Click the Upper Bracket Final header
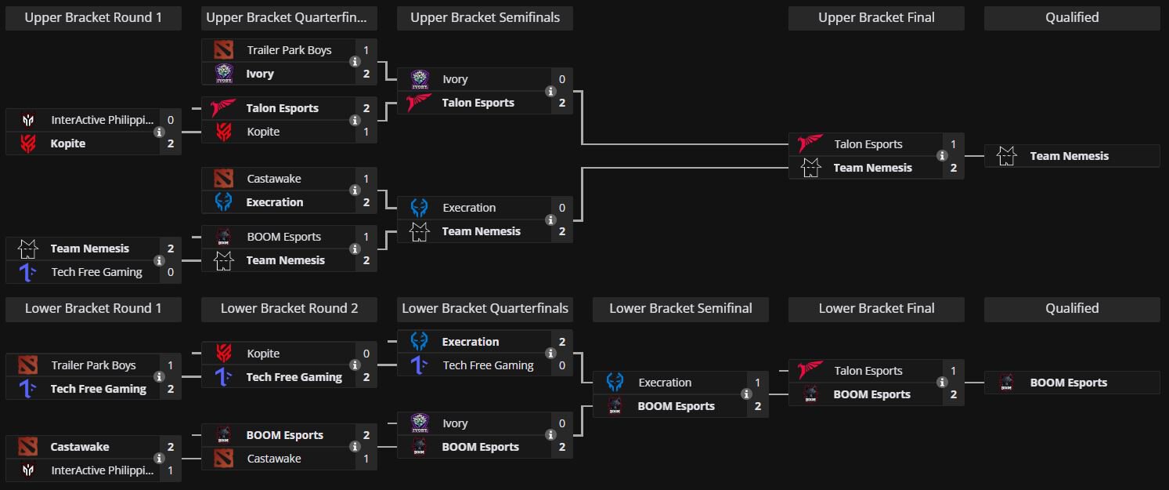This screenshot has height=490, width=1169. click(x=876, y=18)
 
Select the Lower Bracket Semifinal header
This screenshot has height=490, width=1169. click(x=680, y=309)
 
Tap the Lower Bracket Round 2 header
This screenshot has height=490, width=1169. click(x=289, y=309)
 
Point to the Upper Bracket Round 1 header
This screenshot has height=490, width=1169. click(x=93, y=18)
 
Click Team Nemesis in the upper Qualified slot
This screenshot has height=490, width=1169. click(x=1069, y=156)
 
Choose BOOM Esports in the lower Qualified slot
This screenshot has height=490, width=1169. click(x=1068, y=383)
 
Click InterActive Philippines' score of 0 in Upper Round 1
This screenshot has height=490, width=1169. click(x=170, y=120)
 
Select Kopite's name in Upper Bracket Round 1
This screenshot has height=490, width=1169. click(x=68, y=143)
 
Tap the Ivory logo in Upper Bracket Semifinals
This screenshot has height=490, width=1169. click(x=420, y=79)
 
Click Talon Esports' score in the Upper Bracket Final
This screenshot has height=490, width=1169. click(x=953, y=144)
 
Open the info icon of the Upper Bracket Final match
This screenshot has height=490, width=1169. click(x=942, y=156)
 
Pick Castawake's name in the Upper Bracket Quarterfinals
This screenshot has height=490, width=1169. click(x=274, y=179)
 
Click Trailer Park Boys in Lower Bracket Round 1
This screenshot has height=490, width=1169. click(x=93, y=365)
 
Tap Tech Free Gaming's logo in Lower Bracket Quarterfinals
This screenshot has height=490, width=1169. click(x=420, y=365)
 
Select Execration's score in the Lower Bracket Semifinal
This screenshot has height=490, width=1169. click(x=757, y=383)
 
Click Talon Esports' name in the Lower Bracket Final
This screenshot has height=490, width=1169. click(x=868, y=371)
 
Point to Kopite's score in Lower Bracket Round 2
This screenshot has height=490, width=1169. click(x=366, y=354)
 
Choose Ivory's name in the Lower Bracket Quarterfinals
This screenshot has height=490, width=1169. click(x=455, y=423)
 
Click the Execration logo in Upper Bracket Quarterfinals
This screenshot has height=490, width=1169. click(x=224, y=202)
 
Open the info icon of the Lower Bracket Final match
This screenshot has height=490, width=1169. click(x=942, y=383)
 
